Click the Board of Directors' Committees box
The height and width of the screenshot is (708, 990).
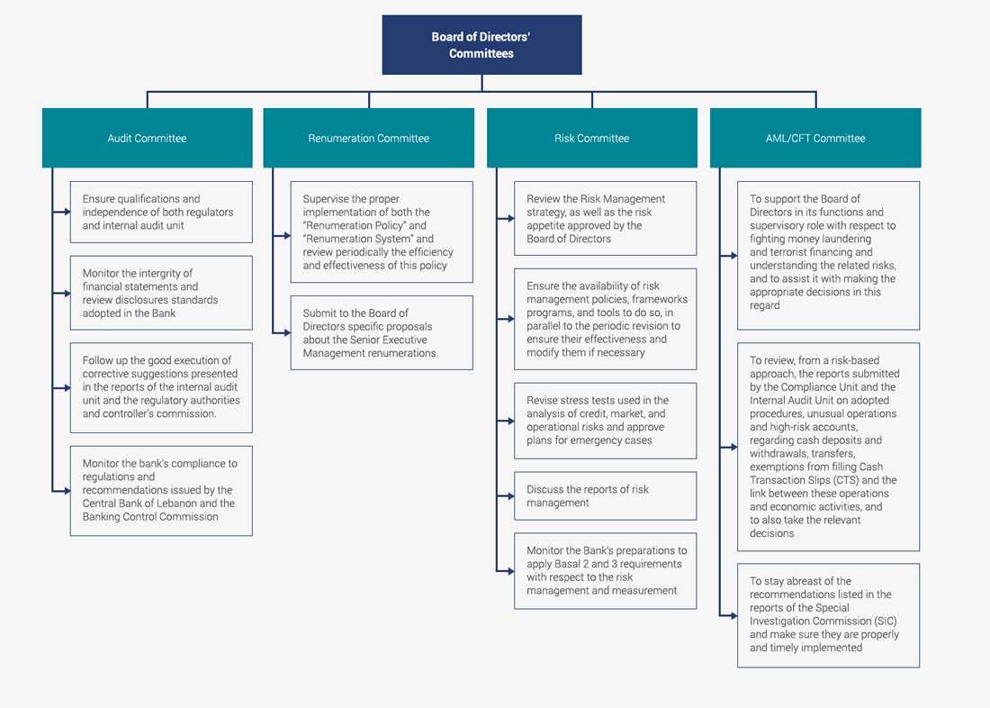point(481,45)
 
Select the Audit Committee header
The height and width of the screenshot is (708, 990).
point(147,138)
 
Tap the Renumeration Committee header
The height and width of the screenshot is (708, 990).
point(369,138)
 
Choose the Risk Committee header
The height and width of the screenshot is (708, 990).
point(592,138)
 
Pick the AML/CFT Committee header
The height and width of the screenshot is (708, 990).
point(815,138)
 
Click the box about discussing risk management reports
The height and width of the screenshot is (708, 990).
point(606,496)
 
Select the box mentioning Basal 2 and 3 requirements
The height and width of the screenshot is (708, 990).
point(606,571)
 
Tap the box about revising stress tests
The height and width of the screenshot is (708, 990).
point(606,421)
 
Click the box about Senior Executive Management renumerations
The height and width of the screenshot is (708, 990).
point(382,332)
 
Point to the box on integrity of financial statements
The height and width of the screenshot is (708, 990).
point(161,293)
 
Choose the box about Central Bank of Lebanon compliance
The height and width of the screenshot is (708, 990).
point(161,491)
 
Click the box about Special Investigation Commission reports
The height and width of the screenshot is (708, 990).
point(828,615)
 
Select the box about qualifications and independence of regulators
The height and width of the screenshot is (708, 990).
point(161,212)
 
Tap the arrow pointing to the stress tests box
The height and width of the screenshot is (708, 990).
point(505,421)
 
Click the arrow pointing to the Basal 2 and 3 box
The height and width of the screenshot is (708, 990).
point(505,571)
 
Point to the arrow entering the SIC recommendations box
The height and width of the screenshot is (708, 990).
point(729,616)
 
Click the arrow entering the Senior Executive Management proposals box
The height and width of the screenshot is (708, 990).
point(282,332)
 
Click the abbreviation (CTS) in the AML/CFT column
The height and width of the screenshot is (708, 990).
point(843,480)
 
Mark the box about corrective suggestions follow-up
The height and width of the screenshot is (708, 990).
point(161,387)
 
